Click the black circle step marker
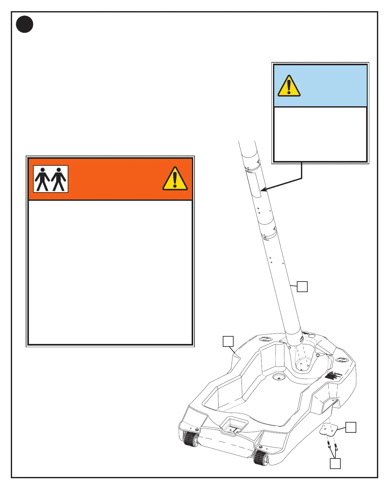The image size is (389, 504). tap(24, 24)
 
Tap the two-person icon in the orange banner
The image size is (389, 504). tap(51, 179)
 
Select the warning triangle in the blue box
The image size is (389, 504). tap(289, 86)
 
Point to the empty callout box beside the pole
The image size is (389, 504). tap(302, 286)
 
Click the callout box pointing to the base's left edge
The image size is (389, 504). tap(228, 341)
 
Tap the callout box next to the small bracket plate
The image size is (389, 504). tap(351, 427)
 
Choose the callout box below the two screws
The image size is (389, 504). tap(335, 463)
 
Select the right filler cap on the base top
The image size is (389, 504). tap(342, 360)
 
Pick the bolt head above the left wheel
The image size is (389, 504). tap(197, 430)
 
